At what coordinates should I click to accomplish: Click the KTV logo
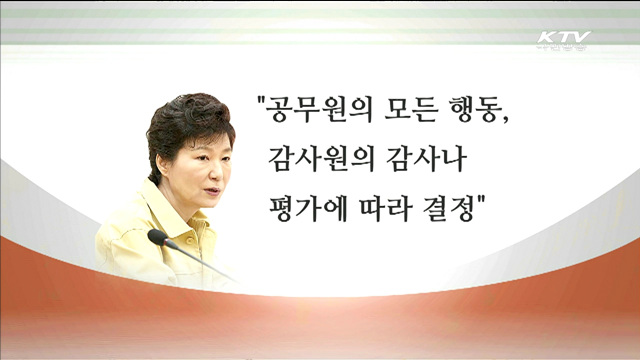(563, 40)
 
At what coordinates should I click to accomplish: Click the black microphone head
(157, 237)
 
